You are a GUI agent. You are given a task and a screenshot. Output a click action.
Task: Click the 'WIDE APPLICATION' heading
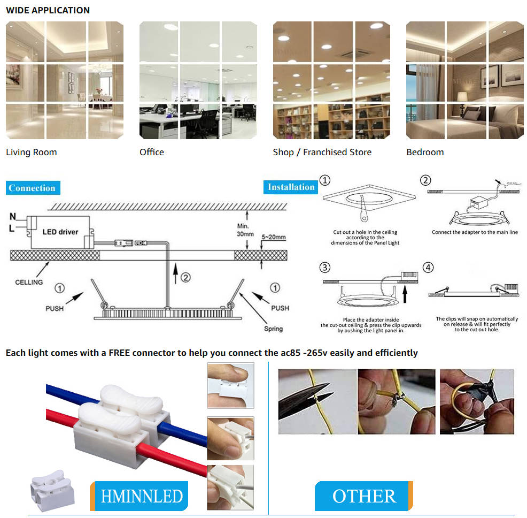pos(48,10)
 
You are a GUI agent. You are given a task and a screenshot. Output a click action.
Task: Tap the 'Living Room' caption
pos(31,152)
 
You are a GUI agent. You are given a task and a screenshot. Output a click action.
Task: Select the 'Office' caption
pos(152,152)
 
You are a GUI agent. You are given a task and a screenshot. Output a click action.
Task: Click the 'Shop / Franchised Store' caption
pos(322,152)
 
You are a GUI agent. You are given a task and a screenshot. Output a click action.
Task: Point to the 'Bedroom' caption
pos(425,152)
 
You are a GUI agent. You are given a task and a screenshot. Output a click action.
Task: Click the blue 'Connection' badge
pos(33,188)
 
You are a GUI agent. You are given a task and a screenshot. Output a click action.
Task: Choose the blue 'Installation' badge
pos(291,187)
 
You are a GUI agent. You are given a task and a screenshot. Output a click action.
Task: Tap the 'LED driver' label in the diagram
pos(60,232)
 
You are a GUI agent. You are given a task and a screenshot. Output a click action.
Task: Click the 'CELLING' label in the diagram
pos(29,282)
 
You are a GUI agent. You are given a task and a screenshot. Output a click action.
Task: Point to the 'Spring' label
pos(273,329)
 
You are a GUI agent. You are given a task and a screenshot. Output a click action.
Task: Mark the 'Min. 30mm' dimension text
pos(245,230)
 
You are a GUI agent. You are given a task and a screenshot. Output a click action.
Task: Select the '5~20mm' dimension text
pos(273,237)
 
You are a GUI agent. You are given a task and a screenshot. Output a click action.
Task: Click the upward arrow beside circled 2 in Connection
pos(176,274)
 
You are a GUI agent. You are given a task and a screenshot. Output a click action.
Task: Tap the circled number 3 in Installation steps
pos(324,267)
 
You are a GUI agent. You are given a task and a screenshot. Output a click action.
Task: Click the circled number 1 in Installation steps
pos(325,180)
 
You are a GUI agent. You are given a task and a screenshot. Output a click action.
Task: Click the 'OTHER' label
pos(364,496)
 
